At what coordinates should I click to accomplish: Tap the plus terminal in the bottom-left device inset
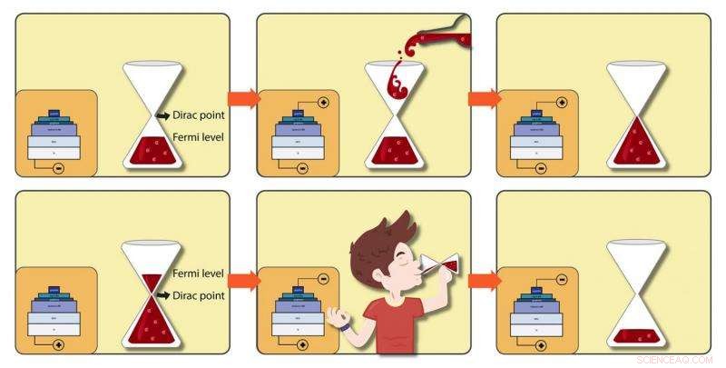tap(59, 345)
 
